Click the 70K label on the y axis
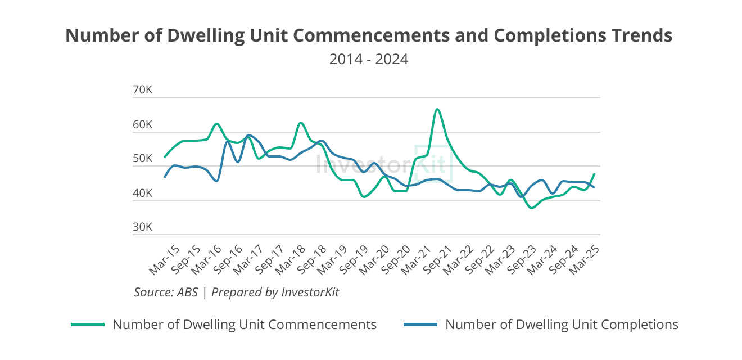(x=142, y=91)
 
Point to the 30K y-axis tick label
(x=142, y=227)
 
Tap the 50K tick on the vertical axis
(x=142, y=159)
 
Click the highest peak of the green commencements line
(x=437, y=109)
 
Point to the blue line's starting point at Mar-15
(x=165, y=177)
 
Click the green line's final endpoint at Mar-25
(x=594, y=174)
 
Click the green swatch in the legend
(x=88, y=325)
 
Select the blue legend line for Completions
(x=420, y=325)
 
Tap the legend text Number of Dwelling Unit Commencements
(x=245, y=325)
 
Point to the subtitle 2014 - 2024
(x=369, y=58)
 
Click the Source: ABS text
(x=166, y=292)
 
